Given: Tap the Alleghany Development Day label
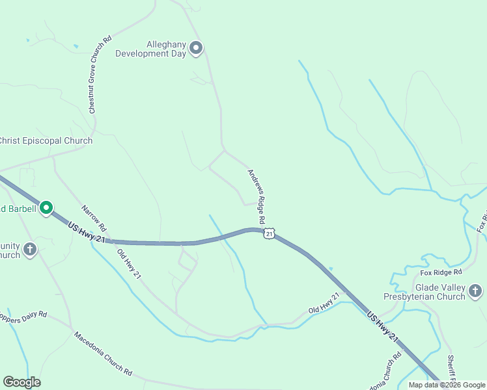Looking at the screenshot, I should (x=151, y=49).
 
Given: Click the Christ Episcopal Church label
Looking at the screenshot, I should (x=46, y=140).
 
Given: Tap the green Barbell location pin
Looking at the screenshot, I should (x=46, y=208).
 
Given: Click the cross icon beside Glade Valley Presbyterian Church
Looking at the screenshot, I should (x=476, y=291).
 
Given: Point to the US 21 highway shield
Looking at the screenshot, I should (x=269, y=233).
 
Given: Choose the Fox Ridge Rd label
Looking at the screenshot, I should (x=441, y=272).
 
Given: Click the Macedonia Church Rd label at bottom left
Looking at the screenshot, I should (x=102, y=355).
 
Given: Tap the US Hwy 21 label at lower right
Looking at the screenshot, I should (x=382, y=326).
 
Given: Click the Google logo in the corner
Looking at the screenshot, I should (x=22, y=382).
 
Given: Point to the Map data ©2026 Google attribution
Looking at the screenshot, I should (x=447, y=385).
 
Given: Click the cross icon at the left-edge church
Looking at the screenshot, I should (x=30, y=249).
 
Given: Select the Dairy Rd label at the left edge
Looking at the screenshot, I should (x=24, y=317).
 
